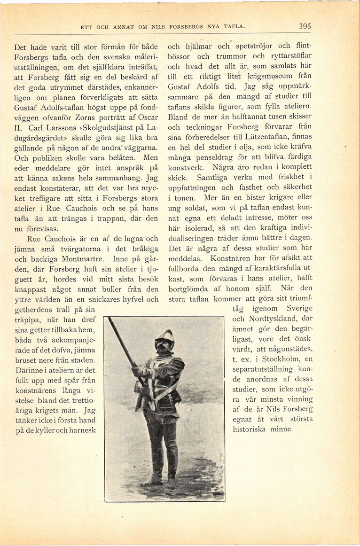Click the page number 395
tap(305, 27)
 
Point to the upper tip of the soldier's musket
tap(110, 320)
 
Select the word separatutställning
tap(268, 368)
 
